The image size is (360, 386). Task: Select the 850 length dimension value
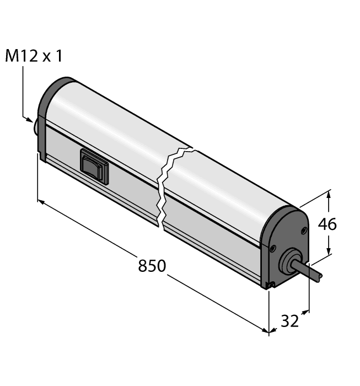[x=152, y=266]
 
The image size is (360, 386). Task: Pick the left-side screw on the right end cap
[x=271, y=250]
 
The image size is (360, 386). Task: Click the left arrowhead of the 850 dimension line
[x=40, y=202]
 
